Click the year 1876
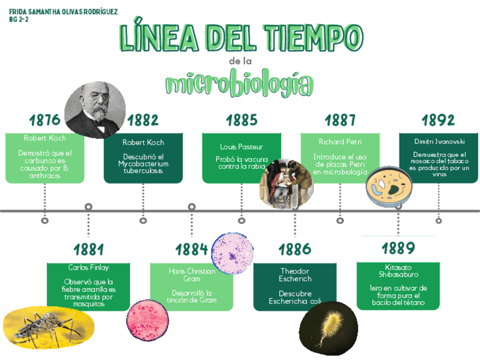tap(45, 120)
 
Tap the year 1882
tap(143, 120)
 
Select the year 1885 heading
tap(242, 120)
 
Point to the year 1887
tap(340, 120)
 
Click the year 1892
tap(438, 120)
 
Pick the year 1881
tap(88, 250)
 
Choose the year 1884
tap(191, 250)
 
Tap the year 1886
tap(295, 250)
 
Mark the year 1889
tap(398, 248)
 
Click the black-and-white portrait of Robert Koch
tap(94, 110)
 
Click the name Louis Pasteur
tap(242, 147)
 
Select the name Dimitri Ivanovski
tap(439, 142)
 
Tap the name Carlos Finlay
tap(88, 268)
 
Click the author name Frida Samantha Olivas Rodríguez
tap(63, 12)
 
